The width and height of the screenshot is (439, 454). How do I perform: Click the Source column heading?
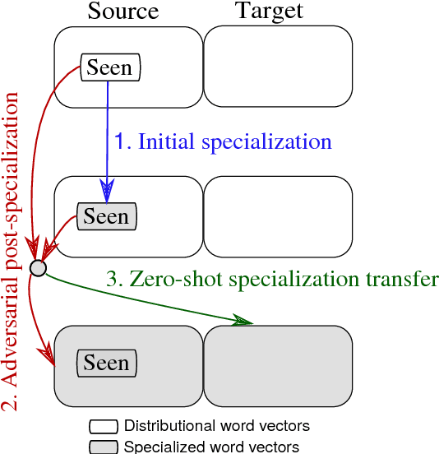click(122, 12)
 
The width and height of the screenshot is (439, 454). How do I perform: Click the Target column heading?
click(269, 12)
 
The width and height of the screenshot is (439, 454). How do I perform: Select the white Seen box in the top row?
click(110, 67)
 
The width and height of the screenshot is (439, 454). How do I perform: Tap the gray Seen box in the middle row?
click(106, 217)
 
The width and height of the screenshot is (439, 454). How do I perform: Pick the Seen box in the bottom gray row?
click(106, 364)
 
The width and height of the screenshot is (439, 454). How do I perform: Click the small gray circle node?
click(38, 267)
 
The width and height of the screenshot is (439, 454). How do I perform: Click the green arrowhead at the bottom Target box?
click(244, 320)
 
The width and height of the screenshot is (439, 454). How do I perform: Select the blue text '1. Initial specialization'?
click(222, 141)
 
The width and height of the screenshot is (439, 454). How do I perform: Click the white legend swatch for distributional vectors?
click(104, 427)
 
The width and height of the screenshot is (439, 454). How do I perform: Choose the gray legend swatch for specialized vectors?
click(104, 447)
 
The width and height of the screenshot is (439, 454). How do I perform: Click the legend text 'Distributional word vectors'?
click(216, 426)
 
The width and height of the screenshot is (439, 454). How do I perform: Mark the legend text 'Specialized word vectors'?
click(211, 447)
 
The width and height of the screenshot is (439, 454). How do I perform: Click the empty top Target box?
click(278, 67)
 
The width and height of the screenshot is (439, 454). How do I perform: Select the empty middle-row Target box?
click(278, 216)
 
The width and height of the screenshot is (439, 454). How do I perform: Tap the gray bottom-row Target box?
click(278, 365)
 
